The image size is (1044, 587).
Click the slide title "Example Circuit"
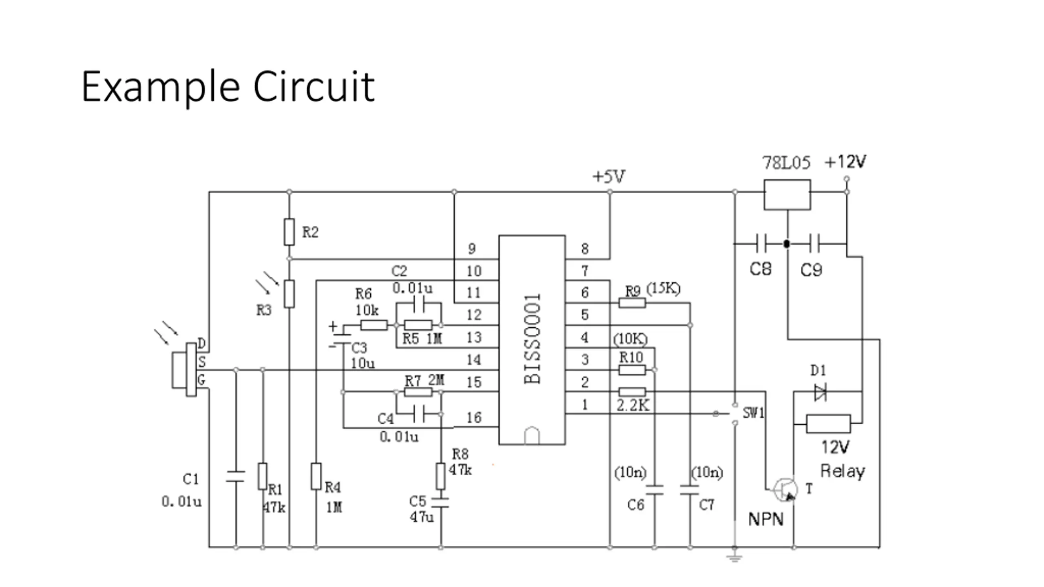coord(228,86)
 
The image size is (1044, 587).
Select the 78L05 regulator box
coord(787,195)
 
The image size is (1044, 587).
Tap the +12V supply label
coord(845,162)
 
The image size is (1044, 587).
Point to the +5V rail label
coord(608,177)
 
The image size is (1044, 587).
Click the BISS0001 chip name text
coord(532,339)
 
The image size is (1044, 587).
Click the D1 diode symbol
coord(820,392)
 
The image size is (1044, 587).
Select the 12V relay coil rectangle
coord(828,424)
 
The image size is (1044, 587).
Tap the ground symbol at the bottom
coord(734,557)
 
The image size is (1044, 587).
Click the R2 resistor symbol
coord(289,232)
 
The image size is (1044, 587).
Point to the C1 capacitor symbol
coord(236,477)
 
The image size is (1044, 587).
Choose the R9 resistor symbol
coord(632,303)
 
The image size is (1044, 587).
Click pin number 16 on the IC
coord(474,417)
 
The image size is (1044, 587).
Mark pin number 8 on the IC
coord(585,249)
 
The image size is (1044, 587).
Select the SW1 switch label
coord(753,413)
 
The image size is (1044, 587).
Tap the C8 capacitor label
coord(761,269)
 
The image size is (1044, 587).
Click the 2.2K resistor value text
coord(633,405)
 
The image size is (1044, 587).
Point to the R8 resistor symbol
coord(440,476)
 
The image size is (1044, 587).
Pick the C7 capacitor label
coord(706,505)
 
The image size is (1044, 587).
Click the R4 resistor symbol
coord(316,476)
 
